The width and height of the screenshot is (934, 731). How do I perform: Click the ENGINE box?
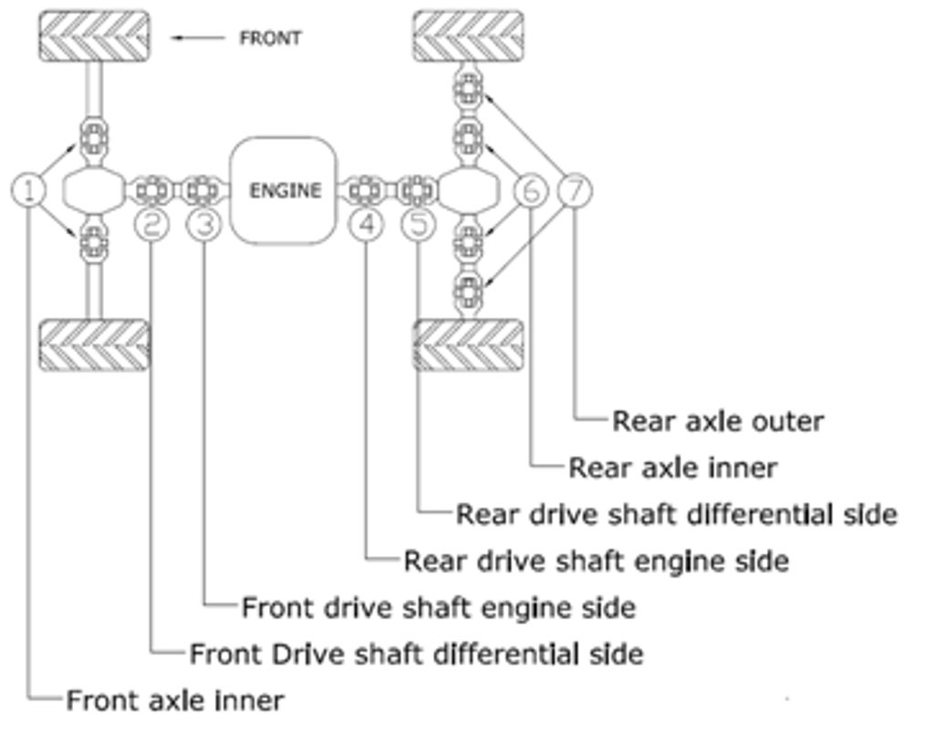point(284,190)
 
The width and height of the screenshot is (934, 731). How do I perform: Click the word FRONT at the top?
point(270,38)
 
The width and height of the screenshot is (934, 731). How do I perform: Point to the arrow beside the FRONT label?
point(199,38)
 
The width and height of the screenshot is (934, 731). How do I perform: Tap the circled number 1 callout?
point(29,190)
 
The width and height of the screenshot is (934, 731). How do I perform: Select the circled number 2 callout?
point(152,223)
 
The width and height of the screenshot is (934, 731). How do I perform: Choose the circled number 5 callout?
point(419,223)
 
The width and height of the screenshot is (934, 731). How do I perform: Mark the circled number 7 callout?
point(575,190)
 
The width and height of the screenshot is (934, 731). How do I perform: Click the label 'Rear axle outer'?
point(717,421)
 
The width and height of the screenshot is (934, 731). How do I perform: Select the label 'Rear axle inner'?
point(672,468)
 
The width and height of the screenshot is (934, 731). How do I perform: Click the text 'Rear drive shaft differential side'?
point(676,514)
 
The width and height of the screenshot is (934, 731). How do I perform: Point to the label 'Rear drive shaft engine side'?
point(596,561)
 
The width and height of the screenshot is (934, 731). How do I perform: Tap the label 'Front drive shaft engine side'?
point(438,607)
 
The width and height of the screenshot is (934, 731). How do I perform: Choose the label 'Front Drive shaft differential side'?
point(416,654)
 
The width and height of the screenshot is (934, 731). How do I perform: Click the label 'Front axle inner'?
point(175,700)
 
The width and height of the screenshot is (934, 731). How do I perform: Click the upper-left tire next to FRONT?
point(93,36)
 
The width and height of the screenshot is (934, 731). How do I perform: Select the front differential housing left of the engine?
point(93,190)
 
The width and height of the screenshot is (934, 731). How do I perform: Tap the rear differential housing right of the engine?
point(469,190)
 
